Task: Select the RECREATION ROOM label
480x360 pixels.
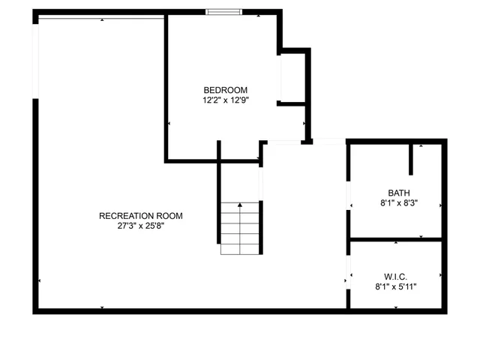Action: point(140,216)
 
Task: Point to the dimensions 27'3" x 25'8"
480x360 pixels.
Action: point(140,226)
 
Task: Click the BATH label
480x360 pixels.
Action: point(399,193)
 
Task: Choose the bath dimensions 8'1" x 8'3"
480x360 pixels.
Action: point(399,202)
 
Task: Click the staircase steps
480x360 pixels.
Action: point(239,229)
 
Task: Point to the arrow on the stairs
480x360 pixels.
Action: point(240,205)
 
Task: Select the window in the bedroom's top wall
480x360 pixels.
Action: point(224,12)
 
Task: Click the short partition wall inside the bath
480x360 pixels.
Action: point(411,157)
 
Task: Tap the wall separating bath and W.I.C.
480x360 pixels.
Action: point(396,240)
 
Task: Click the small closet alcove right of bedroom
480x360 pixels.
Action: point(293,77)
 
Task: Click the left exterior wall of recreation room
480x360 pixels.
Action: point(35,202)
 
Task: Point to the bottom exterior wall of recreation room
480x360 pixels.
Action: point(187,310)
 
